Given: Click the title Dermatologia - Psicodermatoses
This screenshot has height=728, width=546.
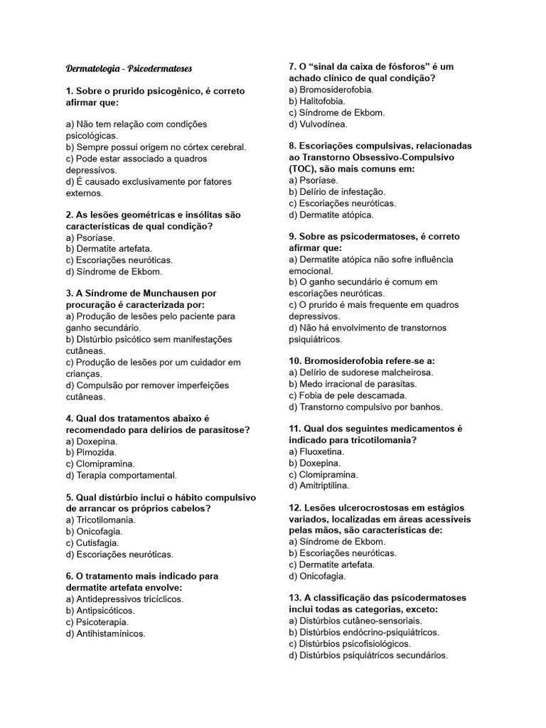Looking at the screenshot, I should click(x=129, y=69).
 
